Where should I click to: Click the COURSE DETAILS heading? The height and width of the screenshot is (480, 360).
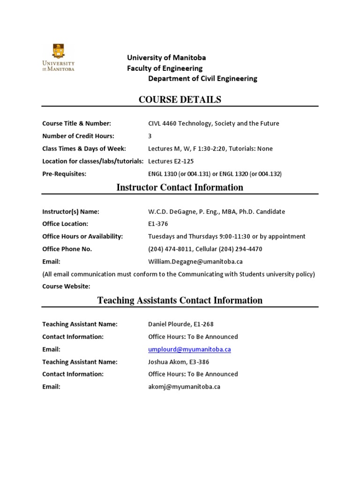click(180, 99)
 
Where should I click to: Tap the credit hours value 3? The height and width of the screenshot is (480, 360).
click(150, 136)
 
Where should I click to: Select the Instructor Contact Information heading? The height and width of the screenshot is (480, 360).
click(180, 187)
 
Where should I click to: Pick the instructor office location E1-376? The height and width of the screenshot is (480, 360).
click(157, 224)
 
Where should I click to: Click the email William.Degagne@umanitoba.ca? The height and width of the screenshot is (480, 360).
click(195, 262)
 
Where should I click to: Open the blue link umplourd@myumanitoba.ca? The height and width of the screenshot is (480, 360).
click(189, 349)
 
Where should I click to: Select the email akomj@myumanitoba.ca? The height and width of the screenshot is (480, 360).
click(184, 387)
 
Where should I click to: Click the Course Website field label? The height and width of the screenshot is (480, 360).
click(66, 286)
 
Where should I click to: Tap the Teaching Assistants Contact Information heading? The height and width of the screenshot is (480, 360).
click(180, 300)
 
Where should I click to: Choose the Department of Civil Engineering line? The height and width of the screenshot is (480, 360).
click(202, 79)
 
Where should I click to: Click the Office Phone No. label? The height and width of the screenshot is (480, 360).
click(67, 249)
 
